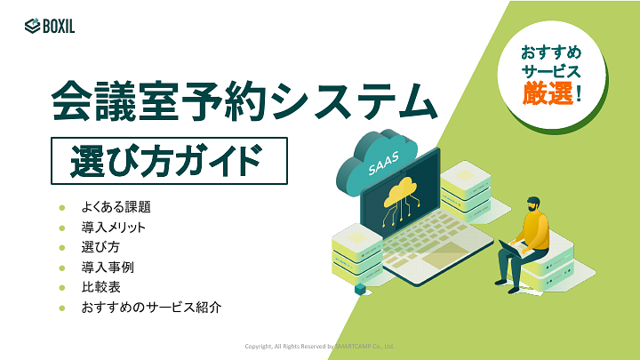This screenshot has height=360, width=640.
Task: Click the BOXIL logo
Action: [x=50, y=26]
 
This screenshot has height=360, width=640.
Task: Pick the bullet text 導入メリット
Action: [x=113, y=228]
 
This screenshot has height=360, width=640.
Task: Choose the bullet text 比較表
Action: [x=101, y=287]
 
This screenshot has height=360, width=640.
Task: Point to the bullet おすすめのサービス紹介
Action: [x=150, y=308]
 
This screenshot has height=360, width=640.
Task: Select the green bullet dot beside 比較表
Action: [x=62, y=287]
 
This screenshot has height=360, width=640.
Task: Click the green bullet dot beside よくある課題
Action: [x=62, y=207]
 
